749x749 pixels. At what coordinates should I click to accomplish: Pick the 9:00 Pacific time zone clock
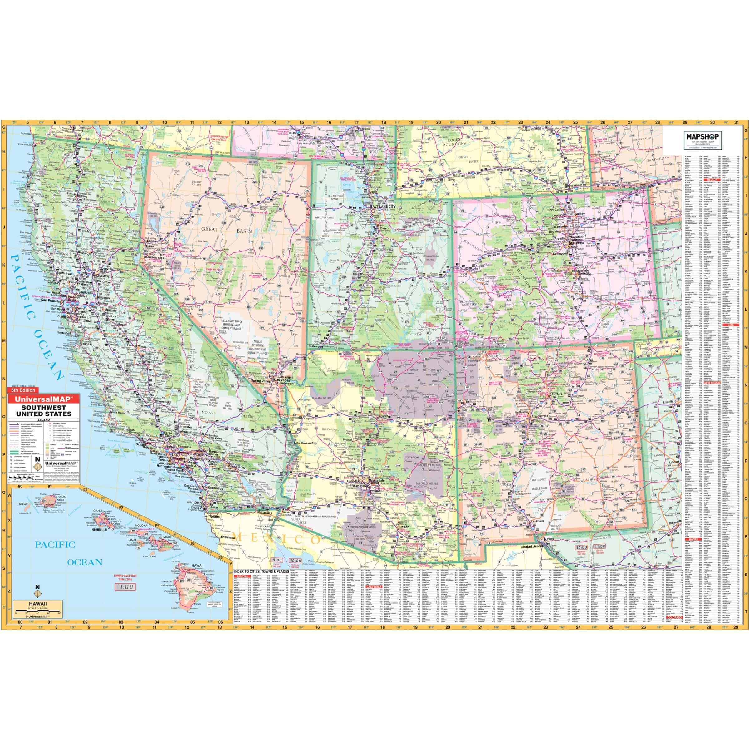tap(277, 560)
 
